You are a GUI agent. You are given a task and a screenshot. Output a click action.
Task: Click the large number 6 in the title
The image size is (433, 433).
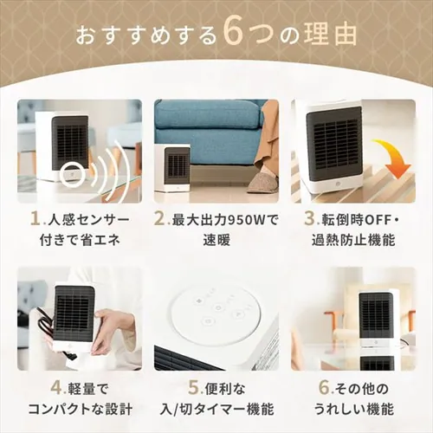point(236,35)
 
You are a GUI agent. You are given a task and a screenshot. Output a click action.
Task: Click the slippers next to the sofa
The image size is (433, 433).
point(262,183)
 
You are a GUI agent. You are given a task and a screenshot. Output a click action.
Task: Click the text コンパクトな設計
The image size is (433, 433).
point(82,408)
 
